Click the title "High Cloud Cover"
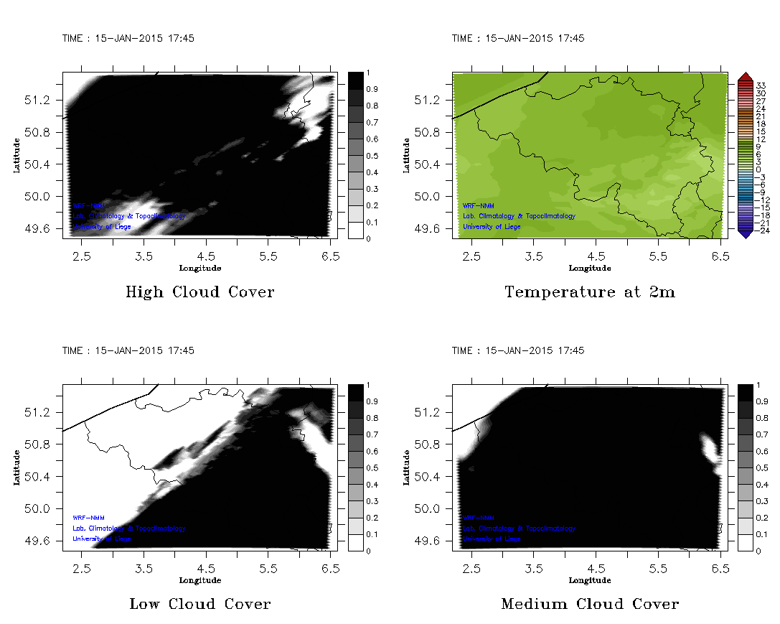[199, 292]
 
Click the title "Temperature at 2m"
[590, 292]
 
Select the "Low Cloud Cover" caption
[199, 604]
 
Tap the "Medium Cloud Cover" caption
[590, 604]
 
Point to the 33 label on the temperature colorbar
[761, 85]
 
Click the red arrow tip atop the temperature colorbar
[745, 76]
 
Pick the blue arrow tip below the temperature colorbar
[745, 234]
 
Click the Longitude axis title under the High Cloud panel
[199, 269]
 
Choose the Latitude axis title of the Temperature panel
[406, 155]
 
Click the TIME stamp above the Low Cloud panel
[128, 351]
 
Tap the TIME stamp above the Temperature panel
[518, 39]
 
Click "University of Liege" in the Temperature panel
[492, 227]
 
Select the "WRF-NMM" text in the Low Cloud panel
[84, 518]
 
